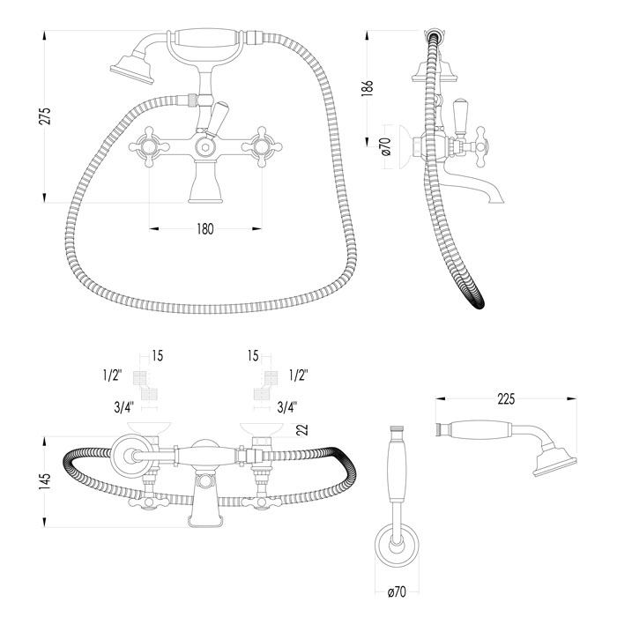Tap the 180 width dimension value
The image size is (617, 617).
(204, 228)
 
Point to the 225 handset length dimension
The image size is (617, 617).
(505, 399)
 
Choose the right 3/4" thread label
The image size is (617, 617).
(286, 406)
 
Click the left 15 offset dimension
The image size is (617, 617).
(157, 356)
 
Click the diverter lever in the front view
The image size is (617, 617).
(216, 113)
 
